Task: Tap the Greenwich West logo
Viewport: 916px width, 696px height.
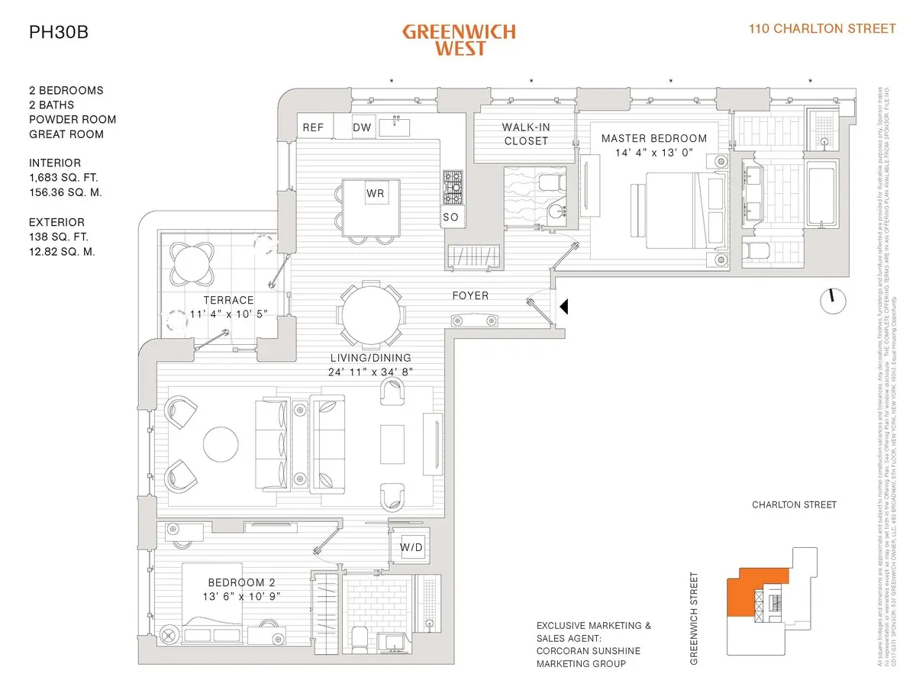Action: click(459, 40)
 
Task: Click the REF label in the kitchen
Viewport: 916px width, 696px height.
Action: click(313, 127)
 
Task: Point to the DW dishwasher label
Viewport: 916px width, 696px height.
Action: click(362, 127)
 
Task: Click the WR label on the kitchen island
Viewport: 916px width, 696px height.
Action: click(375, 194)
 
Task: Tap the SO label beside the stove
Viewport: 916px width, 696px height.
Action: click(451, 218)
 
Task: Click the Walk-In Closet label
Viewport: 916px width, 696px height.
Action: click(525, 134)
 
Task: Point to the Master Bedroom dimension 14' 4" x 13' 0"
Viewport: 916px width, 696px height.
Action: click(654, 153)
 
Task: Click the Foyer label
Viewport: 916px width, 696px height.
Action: click(470, 295)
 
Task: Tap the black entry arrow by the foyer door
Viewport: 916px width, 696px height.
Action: click(565, 307)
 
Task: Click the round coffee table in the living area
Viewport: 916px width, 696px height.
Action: click(221, 445)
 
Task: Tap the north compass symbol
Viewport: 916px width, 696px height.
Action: click(833, 300)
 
